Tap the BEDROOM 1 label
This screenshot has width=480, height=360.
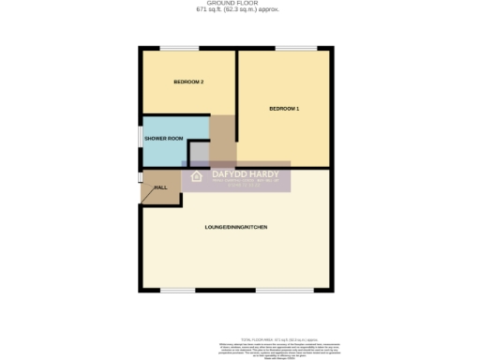(284, 110)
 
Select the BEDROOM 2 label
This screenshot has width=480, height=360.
(188, 82)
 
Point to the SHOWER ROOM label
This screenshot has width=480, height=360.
(162, 138)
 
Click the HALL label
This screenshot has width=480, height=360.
(160, 187)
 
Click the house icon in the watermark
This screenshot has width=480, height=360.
(197, 176)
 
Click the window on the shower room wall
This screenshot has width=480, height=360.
(141, 138)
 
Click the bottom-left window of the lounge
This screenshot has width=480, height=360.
(177, 290)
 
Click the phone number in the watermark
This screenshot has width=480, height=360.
(241, 183)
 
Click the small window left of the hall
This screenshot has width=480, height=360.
(141, 177)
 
